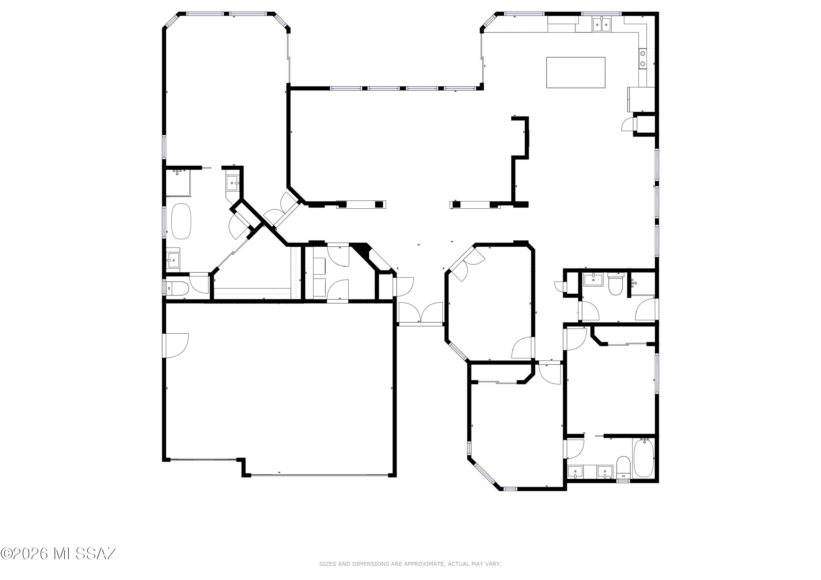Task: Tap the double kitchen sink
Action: (602, 25)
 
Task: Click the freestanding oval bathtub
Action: (181, 221)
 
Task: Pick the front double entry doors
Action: (421, 313)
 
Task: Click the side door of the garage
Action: (175, 345)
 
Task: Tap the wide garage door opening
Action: (319, 475)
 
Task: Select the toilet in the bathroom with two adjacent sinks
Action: (623, 467)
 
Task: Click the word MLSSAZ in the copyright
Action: (85, 553)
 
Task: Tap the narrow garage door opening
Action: (203, 460)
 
